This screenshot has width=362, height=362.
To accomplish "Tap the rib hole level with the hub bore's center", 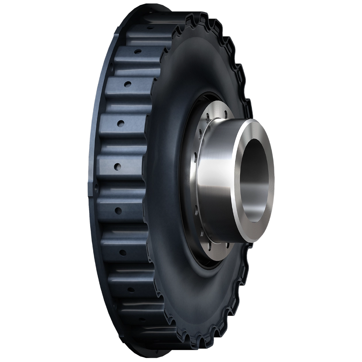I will click(x=118, y=166).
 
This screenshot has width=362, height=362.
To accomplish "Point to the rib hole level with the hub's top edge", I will click(x=120, y=123).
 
